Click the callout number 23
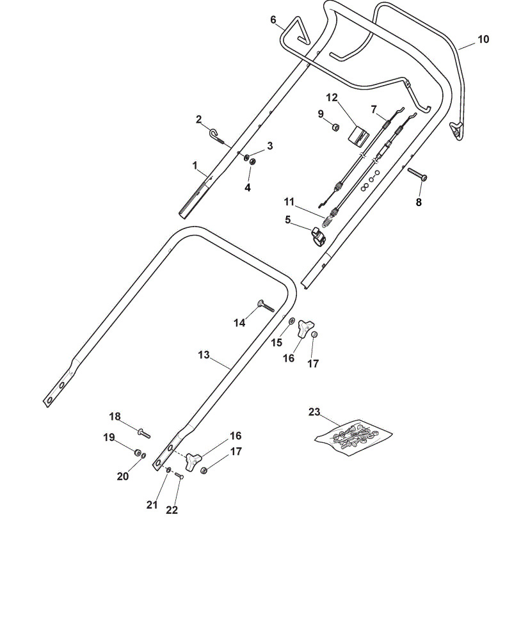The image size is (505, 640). pyautogui.click(x=314, y=412)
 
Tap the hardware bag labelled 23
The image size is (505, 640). pyautogui.click(x=353, y=437)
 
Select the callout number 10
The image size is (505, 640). pyautogui.click(x=483, y=39)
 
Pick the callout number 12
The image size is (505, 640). pyautogui.click(x=332, y=97)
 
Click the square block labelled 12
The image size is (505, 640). pyautogui.click(x=358, y=135)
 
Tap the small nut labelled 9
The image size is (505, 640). pyautogui.click(x=335, y=128)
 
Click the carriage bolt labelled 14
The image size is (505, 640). pyautogui.click(x=266, y=306)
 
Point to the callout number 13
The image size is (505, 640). pyautogui.click(x=204, y=355)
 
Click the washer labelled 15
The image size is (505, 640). pyautogui.click(x=292, y=321)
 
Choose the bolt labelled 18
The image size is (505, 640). pyautogui.click(x=144, y=433)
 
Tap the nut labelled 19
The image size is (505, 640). pyautogui.click(x=138, y=452)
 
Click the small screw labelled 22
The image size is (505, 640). pyautogui.click(x=179, y=476)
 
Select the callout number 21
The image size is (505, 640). pyautogui.click(x=152, y=505)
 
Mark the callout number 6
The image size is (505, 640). pyautogui.click(x=273, y=20)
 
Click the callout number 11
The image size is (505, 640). pyautogui.click(x=289, y=202)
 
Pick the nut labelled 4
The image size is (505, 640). pyautogui.click(x=253, y=162)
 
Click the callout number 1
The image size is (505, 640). pyautogui.click(x=195, y=165)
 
